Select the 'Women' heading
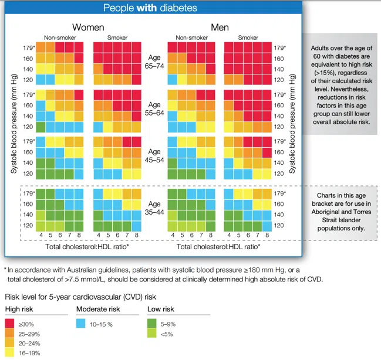click(x=88, y=27)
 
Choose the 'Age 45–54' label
click(x=154, y=155)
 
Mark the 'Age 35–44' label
click(x=154, y=208)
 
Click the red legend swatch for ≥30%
click(x=10, y=324)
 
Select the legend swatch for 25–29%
click(x=10, y=334)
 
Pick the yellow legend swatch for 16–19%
click(x=10, y=353)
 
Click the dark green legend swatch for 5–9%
click(x=153, y=324)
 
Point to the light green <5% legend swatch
click(x=153, y=334)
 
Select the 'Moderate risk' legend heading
click(x=98, y=309)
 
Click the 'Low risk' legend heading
click(x=161, y=309)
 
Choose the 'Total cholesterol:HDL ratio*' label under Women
click(x=87, y=247)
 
